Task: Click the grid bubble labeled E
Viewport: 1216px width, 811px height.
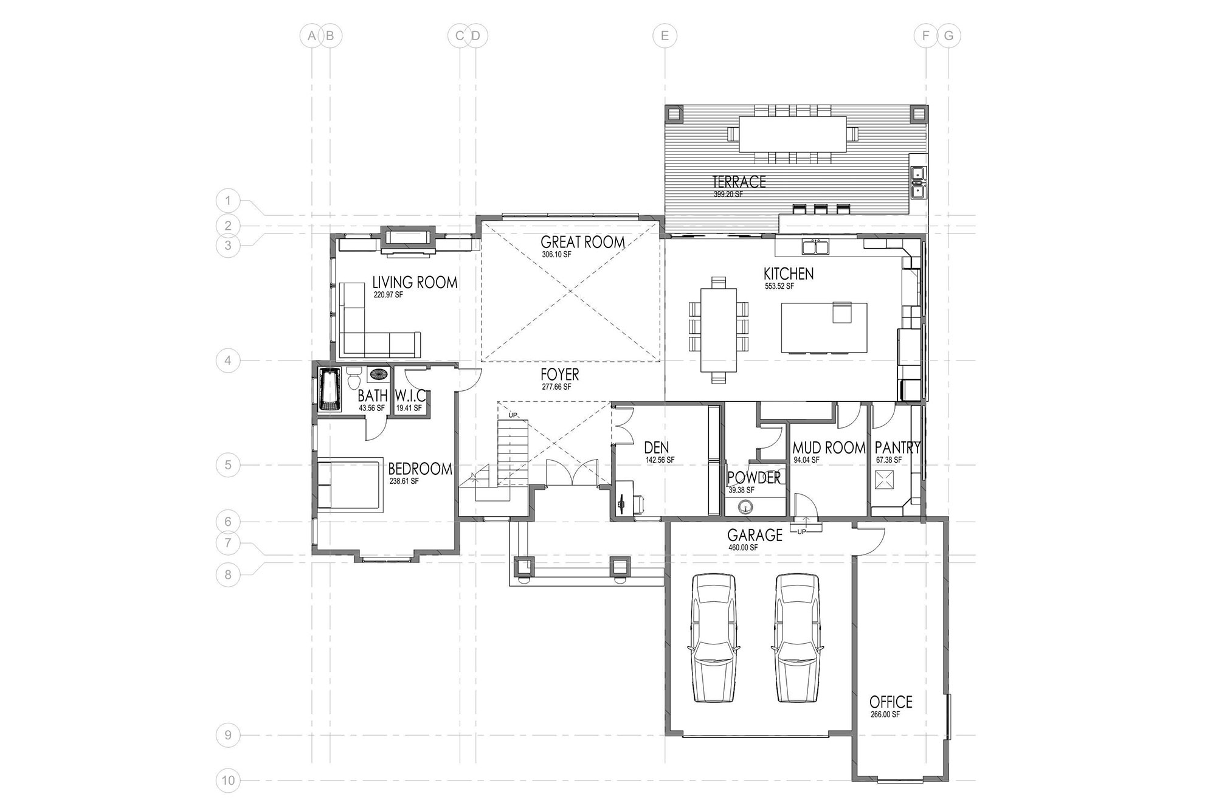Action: click(x=665, y=36)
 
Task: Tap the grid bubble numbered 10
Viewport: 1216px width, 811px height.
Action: click(x=228, y=781)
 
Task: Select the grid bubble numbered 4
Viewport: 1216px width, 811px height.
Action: click(x=228, y=361)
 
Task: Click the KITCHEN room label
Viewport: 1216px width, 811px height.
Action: click(x=789, y=274)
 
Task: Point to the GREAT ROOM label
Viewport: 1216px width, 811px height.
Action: click(x=582, y=242)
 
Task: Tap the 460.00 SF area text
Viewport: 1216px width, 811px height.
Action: click(x=743, y=548)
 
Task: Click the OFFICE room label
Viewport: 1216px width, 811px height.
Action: click(x=891, y=702)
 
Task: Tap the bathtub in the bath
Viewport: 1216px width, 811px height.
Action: click(x=330, y=389)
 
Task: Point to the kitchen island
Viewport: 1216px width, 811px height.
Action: click(x=824, y=328)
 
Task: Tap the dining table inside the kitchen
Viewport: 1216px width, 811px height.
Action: click(x=719, y=330)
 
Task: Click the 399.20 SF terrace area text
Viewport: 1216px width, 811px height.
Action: click(x=728, y=195)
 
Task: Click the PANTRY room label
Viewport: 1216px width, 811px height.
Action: click(x=897, y=448)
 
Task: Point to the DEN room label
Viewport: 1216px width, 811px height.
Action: click(x=657, y=449)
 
